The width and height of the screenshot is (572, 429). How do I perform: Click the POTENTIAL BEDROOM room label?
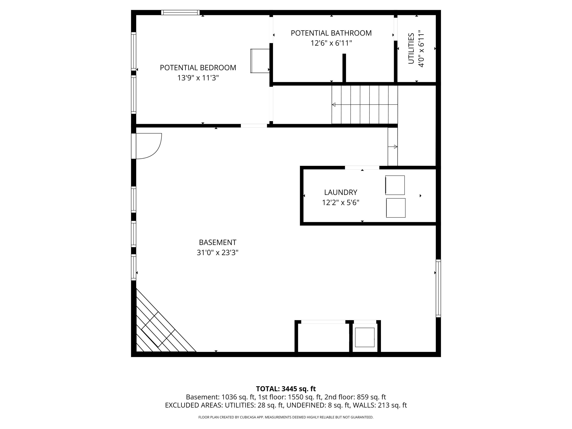tap(198, 68)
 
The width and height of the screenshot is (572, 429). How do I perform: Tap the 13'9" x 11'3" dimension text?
tap(198, 78)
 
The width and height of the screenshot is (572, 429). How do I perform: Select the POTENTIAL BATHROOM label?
tap(331, 33)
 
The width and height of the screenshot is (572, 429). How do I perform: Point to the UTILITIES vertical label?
tap(411, 48)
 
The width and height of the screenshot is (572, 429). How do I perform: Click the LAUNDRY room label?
tap(341, 192)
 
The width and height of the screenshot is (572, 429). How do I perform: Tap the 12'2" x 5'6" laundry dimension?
tap(341, 202)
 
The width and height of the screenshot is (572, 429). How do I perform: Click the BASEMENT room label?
tap(218, 243)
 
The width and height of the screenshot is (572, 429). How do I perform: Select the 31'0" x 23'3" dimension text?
tap(218, 253)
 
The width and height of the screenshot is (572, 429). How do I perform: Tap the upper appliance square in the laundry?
tap(395, 185)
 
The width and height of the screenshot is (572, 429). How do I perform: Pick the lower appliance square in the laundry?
tap(396, 208)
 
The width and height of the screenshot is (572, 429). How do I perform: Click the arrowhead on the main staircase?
tap(334, 105)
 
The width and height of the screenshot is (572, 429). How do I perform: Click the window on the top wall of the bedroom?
tap(181, 12)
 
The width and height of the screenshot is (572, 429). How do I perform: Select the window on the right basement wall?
tap(438, 288)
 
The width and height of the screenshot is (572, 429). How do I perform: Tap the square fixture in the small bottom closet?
tap(365, 337)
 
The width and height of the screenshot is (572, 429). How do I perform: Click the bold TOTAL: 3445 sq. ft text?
tap(286, 389)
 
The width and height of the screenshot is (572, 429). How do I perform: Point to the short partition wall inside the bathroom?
tap(344, 68)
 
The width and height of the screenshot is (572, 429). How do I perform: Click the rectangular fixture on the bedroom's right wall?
tap(260, 61)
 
